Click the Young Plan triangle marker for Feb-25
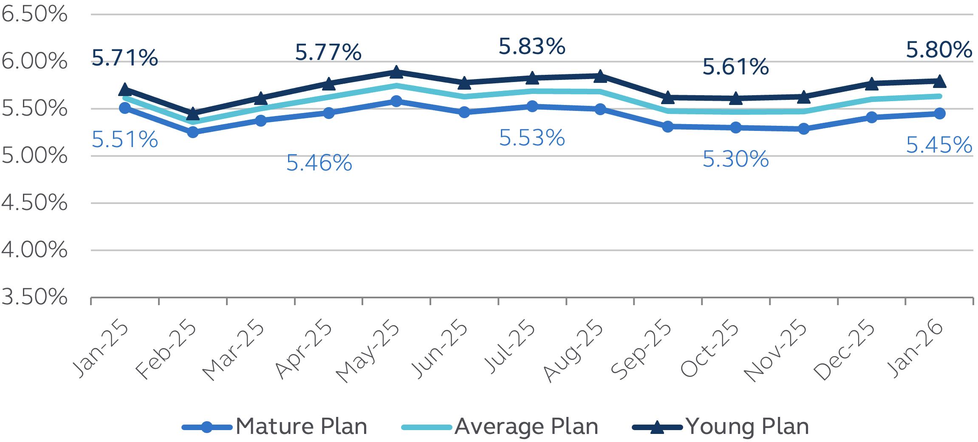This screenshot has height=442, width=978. click(x=193, y=114)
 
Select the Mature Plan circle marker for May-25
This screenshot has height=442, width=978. click(x=396, y=101)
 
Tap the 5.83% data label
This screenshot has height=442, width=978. click(x=532, y=47)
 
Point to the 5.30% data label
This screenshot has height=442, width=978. click(x=735, y=159)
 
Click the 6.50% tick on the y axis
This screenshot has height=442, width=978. click(x=34, y=14)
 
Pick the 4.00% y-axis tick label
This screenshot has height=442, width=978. click(x=34, y=250)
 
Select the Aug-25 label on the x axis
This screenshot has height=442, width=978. click(x=574, y=351)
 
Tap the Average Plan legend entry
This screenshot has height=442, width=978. click(x=500, y=426)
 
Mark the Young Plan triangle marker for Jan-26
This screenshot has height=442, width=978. click(x=940, y=81)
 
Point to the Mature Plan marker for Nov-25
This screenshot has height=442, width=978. click(x=803, y=129)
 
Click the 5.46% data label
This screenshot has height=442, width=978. click(x=319, y=163)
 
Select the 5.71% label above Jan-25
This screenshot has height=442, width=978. click(x=124, y=58)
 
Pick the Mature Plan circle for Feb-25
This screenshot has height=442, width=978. click(x=193, y=132)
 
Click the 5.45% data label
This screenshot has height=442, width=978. click(x=939, y=145)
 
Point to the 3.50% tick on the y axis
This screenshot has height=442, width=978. click(x=34, y=297)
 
